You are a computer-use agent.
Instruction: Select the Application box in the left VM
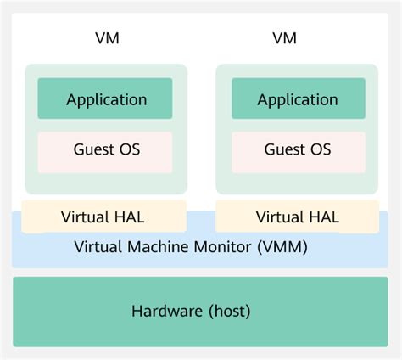pos(106,99)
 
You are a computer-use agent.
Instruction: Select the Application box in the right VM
pos(297,99)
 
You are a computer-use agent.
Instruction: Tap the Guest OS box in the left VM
pos(106,150)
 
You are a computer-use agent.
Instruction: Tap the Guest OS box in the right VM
pos(297,150)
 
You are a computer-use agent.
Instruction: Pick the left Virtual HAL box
pos(103,217)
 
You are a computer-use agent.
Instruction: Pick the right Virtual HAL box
pos(297,217)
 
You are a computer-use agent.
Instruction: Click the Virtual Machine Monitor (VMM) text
pos(191,248)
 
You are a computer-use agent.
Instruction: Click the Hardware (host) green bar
pos(200,311)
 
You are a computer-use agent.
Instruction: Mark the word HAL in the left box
pos(130,217)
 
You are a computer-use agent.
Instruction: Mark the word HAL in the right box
pos(324,217)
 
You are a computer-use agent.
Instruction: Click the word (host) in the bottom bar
pos(229,312)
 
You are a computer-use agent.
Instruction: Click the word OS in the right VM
pos(321,150)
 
